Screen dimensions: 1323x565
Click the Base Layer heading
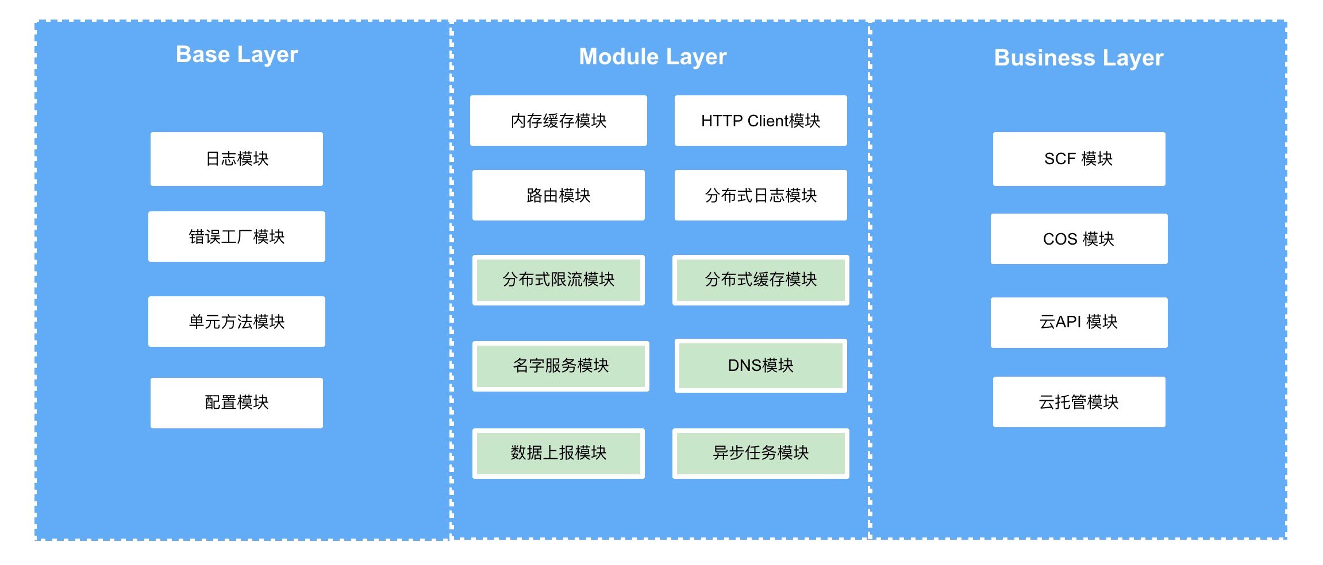pyautogui.click(x=237, y=55)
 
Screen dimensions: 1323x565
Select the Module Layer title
pyautogui.click(x=652, y=57)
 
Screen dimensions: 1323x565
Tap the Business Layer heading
pyautogui.click(x=1078, y=58)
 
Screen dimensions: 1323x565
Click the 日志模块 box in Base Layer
pyautogui.click(x=237, y=159)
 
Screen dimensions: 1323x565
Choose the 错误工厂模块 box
pyautogui.click(x=237, y=237)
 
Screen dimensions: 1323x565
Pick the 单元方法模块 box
pyautogui.click(x=237, y=322)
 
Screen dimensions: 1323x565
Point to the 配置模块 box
pyautogui.click(x=237, y=403)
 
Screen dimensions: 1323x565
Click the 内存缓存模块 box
pyautogui.click(x=558, y=121)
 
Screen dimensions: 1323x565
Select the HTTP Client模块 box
pyautogui.click(x=760, y=121)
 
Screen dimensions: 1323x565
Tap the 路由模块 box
pyautogui.click(x=558, y=195)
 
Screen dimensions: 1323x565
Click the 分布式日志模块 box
pyautogui.click(x=760, y=195)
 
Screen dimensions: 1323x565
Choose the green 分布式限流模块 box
pyautogui.click(x=558, y=280)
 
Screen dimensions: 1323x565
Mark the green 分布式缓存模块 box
pyautogui.click(x=760, y=280)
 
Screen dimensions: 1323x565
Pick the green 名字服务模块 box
pyautogui.click(x=560, y=366)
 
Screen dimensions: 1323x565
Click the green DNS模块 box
pyautogui.click(x=760, y=366)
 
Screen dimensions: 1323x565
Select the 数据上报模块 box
pyautogui.click(x=558, y=453)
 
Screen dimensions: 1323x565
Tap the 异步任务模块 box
pyautogui.click(x=760, y=453)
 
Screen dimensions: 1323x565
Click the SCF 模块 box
pyautogui.click(x=1079, y=159)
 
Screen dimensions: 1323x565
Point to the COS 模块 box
pyautogui.click(x=1079, y=239)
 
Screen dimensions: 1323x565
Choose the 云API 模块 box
pyautogui.click(x=1079, y=322)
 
